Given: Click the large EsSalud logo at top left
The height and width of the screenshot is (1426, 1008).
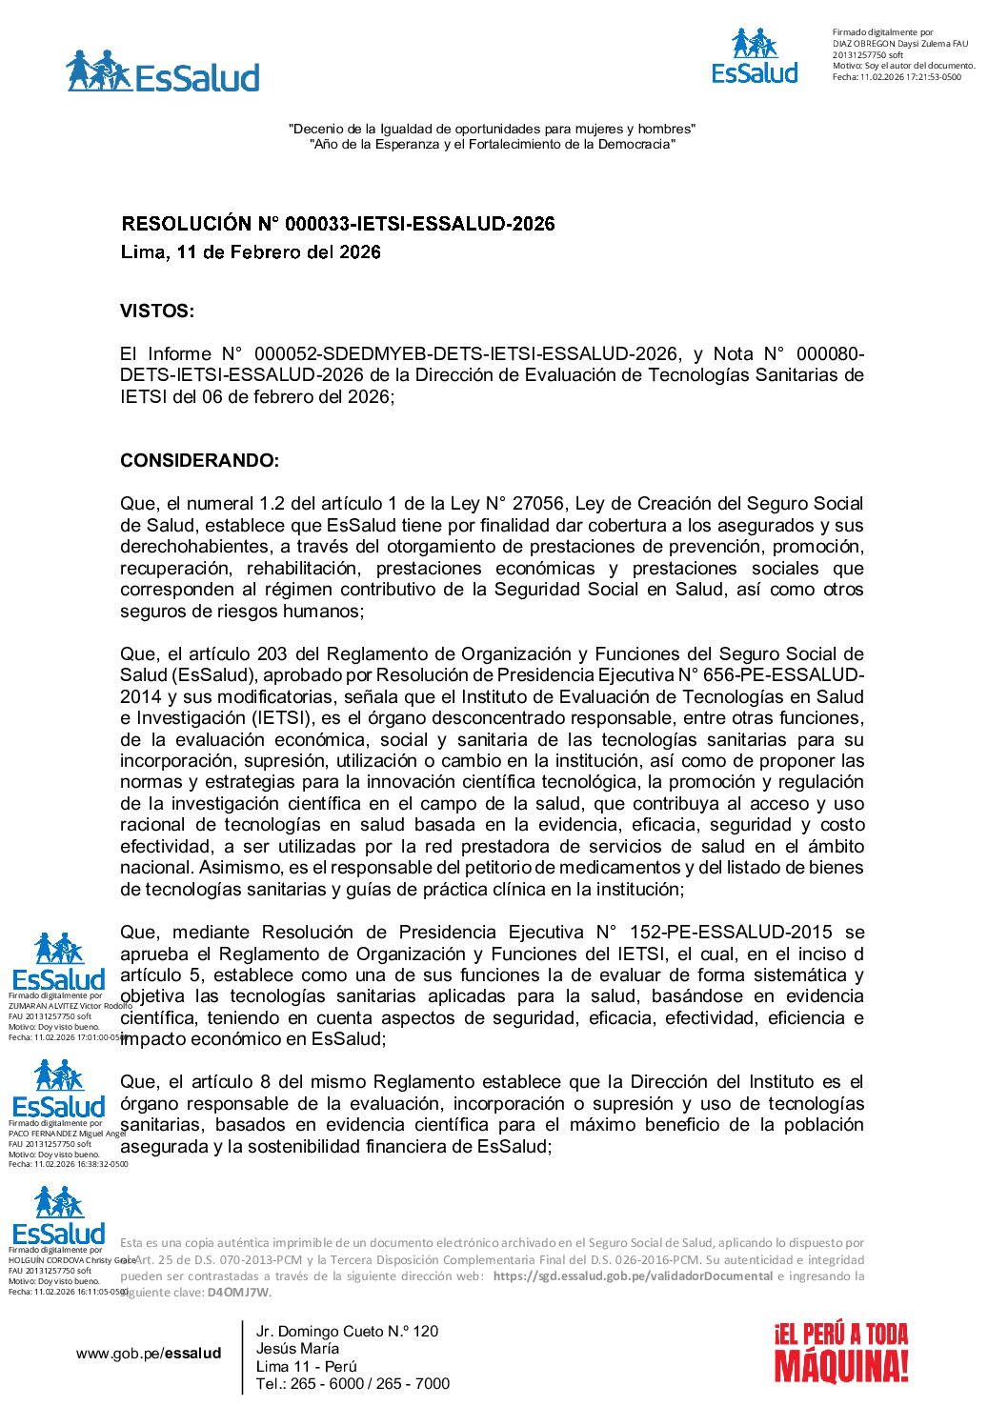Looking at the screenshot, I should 163,72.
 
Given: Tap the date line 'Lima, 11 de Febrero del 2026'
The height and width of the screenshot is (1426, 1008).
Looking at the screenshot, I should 251,252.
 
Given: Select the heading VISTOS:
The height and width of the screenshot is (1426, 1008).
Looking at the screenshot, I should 157,311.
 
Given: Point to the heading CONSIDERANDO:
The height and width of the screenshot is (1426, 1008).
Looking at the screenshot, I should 199,460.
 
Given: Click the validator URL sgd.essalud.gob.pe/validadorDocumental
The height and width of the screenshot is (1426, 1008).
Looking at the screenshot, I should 633,1275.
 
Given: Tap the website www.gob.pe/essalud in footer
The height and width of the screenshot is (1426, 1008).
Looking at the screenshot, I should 149,1353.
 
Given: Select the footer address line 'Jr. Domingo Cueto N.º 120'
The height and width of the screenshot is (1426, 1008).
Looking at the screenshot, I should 347,1331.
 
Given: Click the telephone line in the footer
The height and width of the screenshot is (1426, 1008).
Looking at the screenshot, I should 353,1383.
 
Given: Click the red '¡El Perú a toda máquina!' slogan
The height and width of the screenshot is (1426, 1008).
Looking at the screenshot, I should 840,1352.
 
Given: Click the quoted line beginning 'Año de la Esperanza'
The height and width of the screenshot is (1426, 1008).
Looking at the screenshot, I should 492,144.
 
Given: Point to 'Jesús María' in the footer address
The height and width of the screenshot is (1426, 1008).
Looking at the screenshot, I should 297,1348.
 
